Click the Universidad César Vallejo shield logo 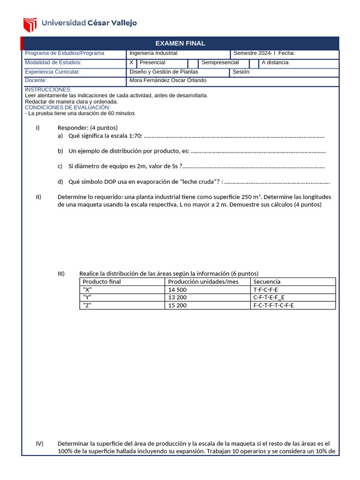click(30, 23)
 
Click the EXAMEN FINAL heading click(180, 43)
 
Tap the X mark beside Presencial click(131, 63)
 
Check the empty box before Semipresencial click(193, 63)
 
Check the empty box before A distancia click(254, 63)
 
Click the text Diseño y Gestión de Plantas click(164, 72)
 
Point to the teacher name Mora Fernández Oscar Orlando click(167, 81)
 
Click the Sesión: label click(242, 72)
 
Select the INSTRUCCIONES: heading click(48, 90)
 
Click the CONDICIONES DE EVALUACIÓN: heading click(67, 107)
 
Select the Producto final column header click(101, 282)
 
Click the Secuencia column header click(267, 282)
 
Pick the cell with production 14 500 click(177, 290)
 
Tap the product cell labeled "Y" click(87, 298)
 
